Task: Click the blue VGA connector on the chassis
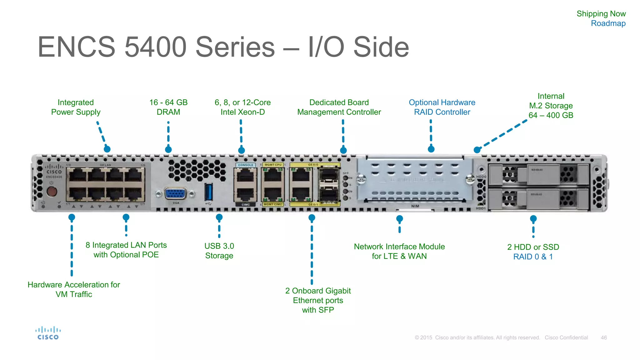tap(175, 194)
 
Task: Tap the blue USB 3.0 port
tap(208, 192)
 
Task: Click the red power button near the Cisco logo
tap(52, 191)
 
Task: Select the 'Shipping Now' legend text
tap(601, 14)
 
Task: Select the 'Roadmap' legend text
tap(608, 23)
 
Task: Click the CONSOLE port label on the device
tap(246, 165)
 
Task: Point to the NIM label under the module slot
tap(415, 206)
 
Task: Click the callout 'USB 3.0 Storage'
tap(219, 251)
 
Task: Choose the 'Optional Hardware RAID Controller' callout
tap(442, 107)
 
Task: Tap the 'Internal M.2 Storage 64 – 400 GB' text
tap(551, 106)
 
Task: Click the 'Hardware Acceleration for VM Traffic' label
tap(74, 289)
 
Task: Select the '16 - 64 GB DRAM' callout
tap(168, 107)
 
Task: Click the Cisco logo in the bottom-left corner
tap(48, 333)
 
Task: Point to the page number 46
tap(603, 337)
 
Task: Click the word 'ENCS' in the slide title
tap(77, 47)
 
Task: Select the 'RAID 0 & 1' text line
tap(533, 257)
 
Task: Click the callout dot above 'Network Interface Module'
tap(399, 219)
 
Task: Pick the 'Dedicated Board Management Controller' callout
tap(339, 107)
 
